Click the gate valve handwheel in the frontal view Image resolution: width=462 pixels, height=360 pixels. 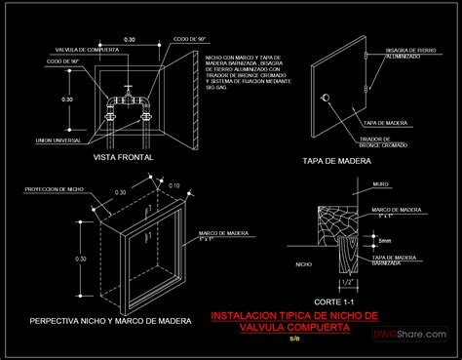point(127,95)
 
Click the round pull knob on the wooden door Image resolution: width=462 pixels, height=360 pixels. point(326,97)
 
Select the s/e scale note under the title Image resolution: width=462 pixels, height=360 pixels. point(295,340)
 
